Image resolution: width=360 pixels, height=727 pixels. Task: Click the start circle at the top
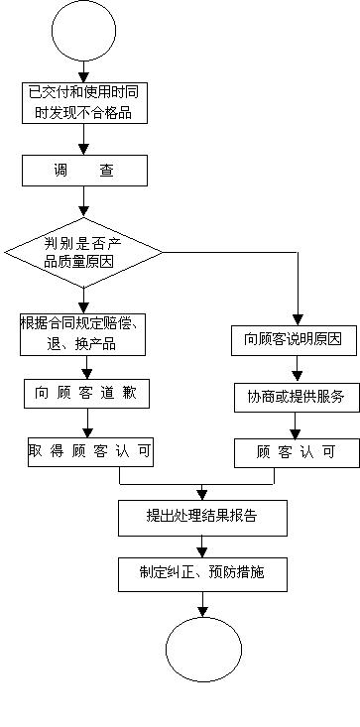click(x=83, y=33)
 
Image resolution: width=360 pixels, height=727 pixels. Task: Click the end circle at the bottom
click(x=202, y=651)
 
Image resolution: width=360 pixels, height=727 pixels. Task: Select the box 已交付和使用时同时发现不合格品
click(x=84, y=103)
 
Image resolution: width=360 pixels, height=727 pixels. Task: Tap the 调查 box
click(x=84, y=171)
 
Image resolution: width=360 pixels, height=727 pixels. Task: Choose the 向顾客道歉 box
click(x=85, y=394)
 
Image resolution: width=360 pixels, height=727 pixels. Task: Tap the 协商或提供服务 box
click(x=295, y=397)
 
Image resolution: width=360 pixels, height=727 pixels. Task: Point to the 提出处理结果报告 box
click(x=202, y=516)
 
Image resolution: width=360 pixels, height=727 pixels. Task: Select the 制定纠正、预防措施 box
click(x=202, y=572)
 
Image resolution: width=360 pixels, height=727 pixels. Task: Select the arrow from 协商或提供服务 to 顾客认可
click(x=295, y=424)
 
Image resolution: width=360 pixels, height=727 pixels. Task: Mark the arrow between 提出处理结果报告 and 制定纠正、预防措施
click(x=202, y=545)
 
